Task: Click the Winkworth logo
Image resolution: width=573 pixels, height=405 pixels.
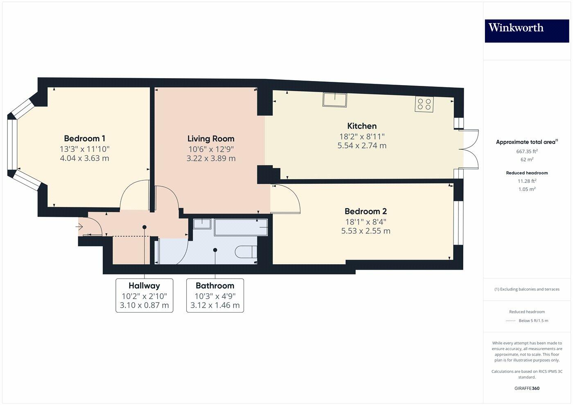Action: coord(527,31)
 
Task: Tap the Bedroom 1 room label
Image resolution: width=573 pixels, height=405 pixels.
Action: coord(84,139)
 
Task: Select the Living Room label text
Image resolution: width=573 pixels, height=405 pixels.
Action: coord(211,139)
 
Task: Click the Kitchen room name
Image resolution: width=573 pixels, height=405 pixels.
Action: coord(362,126)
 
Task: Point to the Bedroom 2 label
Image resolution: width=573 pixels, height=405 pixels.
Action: coord(365,211)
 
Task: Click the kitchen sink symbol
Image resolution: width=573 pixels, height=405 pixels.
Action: coord(335,99)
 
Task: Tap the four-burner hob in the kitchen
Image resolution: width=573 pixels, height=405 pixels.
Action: coord(424,104)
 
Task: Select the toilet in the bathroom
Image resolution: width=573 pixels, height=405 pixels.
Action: coord(246,252)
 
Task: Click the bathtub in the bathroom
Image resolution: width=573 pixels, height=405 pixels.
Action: coord(241,227)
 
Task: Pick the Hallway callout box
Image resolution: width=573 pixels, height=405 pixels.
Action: coord(144,295)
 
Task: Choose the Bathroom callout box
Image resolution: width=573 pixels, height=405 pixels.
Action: coord(215,295)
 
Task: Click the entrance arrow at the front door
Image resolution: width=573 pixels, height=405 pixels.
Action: coord(79,226)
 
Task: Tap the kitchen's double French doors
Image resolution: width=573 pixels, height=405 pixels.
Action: coord(471,149)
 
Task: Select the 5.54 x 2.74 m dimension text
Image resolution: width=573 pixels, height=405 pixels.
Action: coord(362,146)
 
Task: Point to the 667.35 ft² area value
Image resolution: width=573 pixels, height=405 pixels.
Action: coord(527,151)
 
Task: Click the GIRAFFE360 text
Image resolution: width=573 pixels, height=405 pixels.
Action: coord(527,388)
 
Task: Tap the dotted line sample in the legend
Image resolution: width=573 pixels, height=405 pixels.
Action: coord(510,321)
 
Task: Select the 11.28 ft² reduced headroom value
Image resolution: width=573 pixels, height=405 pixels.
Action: coord(527,181)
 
